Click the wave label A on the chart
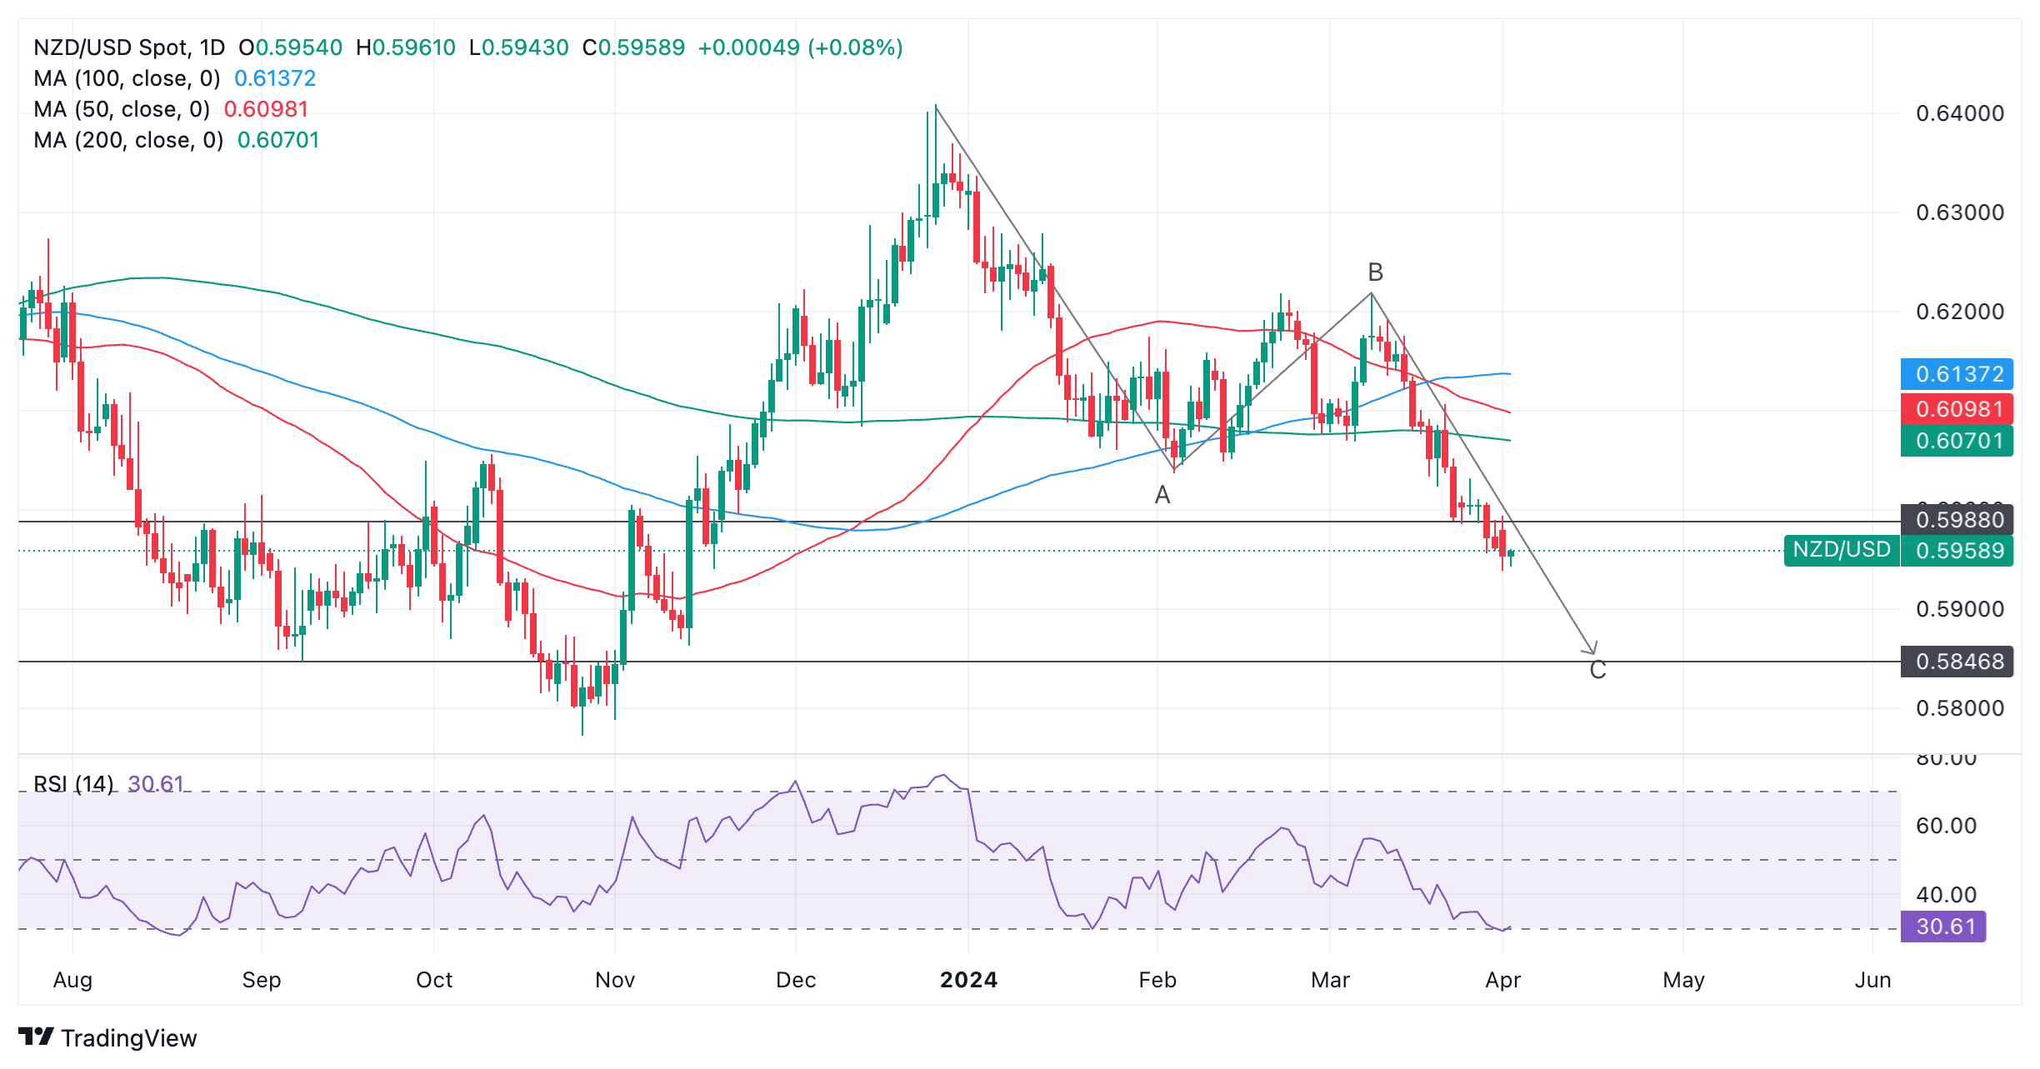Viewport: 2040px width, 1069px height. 1162,496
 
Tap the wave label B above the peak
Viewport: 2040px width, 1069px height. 1376,272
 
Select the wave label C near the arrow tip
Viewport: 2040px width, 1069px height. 1597,670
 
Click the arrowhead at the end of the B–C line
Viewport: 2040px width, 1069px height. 1592,650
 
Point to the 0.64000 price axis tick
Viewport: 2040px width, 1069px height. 1959,113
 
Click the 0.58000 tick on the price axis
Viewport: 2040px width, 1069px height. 1959,708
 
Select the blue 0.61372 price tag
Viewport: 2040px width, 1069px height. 1957,374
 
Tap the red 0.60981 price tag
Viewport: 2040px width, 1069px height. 1957,409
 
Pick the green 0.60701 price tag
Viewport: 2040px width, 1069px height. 1957,441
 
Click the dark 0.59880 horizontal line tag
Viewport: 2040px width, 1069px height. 1957,520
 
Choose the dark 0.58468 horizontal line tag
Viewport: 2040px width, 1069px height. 1957,662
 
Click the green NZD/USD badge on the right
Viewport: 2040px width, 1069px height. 1842,550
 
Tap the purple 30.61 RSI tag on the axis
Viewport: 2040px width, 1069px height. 1943,927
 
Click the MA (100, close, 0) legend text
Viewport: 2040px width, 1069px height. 127,78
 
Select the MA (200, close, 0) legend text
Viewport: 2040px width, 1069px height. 128,140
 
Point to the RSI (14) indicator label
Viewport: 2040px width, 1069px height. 73,784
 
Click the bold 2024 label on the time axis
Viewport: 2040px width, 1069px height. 968,980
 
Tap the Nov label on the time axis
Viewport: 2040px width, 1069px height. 615,980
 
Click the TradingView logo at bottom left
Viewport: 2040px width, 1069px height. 108,1037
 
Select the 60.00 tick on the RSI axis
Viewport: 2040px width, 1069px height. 1946,826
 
